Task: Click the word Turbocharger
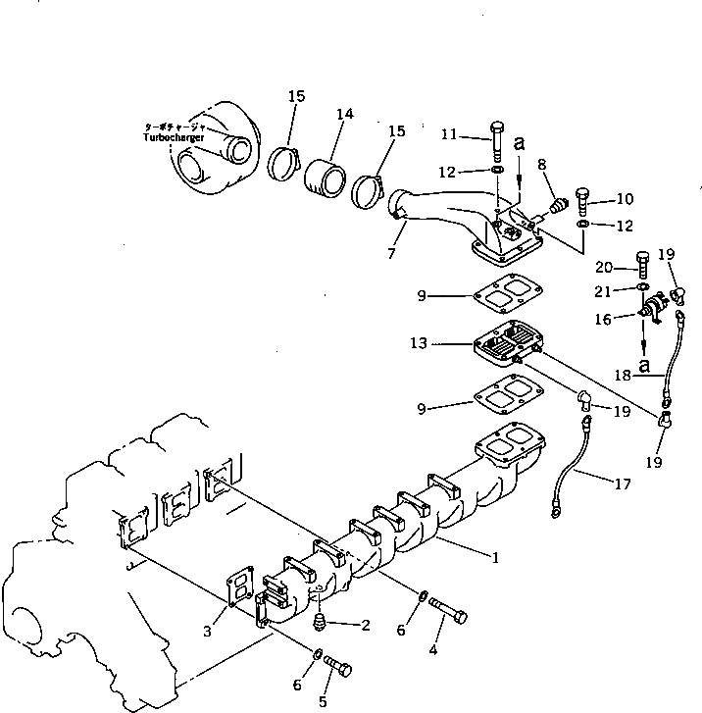click(x=174, y=138)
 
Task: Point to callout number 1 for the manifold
click(x=494, y=558)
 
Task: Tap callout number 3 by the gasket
click(x=208, y=632)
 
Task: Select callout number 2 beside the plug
click(x=366, y=624)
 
